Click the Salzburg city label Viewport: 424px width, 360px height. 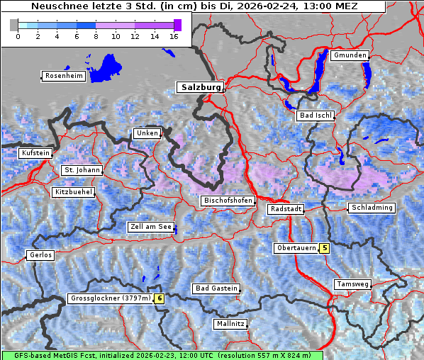tap(200, 87)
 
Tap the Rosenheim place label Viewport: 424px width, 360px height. tap(63, 76)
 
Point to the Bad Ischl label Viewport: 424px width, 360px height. tap(316, 116)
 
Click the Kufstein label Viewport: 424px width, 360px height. tap(35, 153)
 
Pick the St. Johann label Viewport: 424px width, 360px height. tap(82, 170)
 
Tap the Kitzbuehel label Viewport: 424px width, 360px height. tap(74, 192)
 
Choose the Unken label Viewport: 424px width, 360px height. tap(147, 133)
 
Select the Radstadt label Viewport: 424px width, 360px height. tap(286, 209)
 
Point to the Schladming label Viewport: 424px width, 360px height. tap(371, 208)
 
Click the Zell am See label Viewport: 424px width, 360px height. tap(150, 227)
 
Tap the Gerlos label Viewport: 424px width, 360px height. tap(40, 255)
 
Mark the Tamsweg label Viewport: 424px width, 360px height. tap(352, 284)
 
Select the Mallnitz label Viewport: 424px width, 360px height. tap(230, 324)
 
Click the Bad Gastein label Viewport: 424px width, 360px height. tap(216, 288)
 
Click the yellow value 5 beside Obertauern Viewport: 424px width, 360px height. tap(324, 248)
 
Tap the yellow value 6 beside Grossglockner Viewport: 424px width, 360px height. tap(160, 298)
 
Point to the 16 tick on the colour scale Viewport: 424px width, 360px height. tap(173, 36)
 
